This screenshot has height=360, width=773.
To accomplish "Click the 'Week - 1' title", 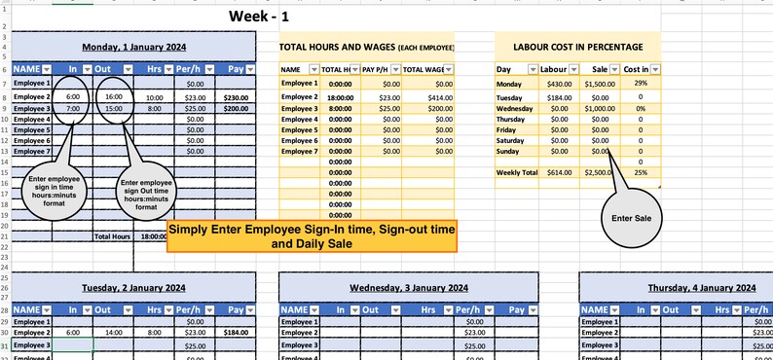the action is pos(258,16).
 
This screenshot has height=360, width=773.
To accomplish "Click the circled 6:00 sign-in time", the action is pos(73,97).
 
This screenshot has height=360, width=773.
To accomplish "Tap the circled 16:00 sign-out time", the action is pos(113,97).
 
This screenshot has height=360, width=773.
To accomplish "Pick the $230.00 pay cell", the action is pos(235,98).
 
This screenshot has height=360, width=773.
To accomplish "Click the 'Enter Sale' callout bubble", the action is pos(630,217).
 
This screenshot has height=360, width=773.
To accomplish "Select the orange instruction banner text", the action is pos(312,235).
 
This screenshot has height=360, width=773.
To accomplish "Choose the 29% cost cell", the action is pos(641,84).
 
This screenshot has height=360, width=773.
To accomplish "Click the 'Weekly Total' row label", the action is pos(516,172).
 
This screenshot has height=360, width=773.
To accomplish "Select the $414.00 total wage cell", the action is pos(427,97).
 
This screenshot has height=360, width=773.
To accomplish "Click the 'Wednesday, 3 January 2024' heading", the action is pos(408,288).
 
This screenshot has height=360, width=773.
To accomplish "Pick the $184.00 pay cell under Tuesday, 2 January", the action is pos(235,333).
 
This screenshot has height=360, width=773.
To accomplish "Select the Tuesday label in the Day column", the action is pos(510,98).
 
